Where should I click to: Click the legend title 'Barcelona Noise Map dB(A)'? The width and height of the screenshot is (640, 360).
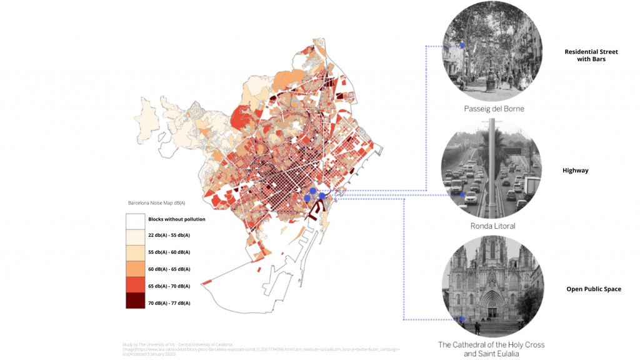[x=156, y=203]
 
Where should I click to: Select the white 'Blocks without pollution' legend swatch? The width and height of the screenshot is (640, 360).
[x=135, y=220]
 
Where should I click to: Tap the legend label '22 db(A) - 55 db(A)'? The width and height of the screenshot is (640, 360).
[x=169, y=236]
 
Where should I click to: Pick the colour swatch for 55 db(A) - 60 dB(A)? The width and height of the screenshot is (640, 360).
[x=135, y=252]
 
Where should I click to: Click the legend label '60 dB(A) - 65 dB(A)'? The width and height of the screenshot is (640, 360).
[x=169, y=269]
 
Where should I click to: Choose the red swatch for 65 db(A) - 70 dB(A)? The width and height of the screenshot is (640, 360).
[x=135, y=286]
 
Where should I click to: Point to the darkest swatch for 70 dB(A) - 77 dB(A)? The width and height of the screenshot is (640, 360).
[x=135, y=302]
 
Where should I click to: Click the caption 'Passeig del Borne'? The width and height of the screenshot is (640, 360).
[x=493, y=109]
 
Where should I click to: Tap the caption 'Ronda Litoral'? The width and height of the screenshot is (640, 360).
[x=493, y=226]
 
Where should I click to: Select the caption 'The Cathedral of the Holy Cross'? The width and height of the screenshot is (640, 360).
[x=491, y=344]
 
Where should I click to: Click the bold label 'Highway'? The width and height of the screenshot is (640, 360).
[x=574, y=170]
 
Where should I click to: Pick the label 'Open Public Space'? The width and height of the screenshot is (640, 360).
[x=593, y=289]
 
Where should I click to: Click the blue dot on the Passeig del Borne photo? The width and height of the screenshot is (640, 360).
[x=462, y=45]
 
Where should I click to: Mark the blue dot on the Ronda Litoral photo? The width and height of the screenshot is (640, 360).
[x=462, y=195]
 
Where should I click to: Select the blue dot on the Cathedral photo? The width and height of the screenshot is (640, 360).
[x=462, y=319]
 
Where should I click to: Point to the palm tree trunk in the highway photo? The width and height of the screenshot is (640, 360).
[x=493, y=169]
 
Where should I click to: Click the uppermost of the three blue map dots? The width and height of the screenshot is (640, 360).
[x=312, y=191]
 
